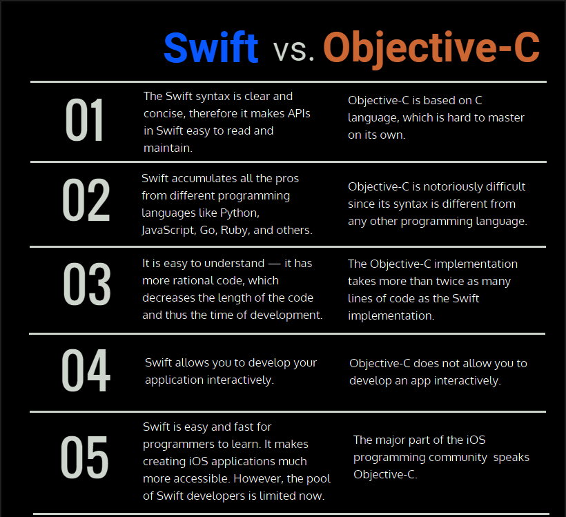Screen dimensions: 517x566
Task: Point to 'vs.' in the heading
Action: tap(293, 49)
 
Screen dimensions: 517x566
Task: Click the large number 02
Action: tap(86, 202)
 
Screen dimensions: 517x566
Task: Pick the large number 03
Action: tap(86, 284)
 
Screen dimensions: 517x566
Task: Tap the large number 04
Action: tap(86, 371)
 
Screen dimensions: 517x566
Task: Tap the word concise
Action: tap(163, 113)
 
